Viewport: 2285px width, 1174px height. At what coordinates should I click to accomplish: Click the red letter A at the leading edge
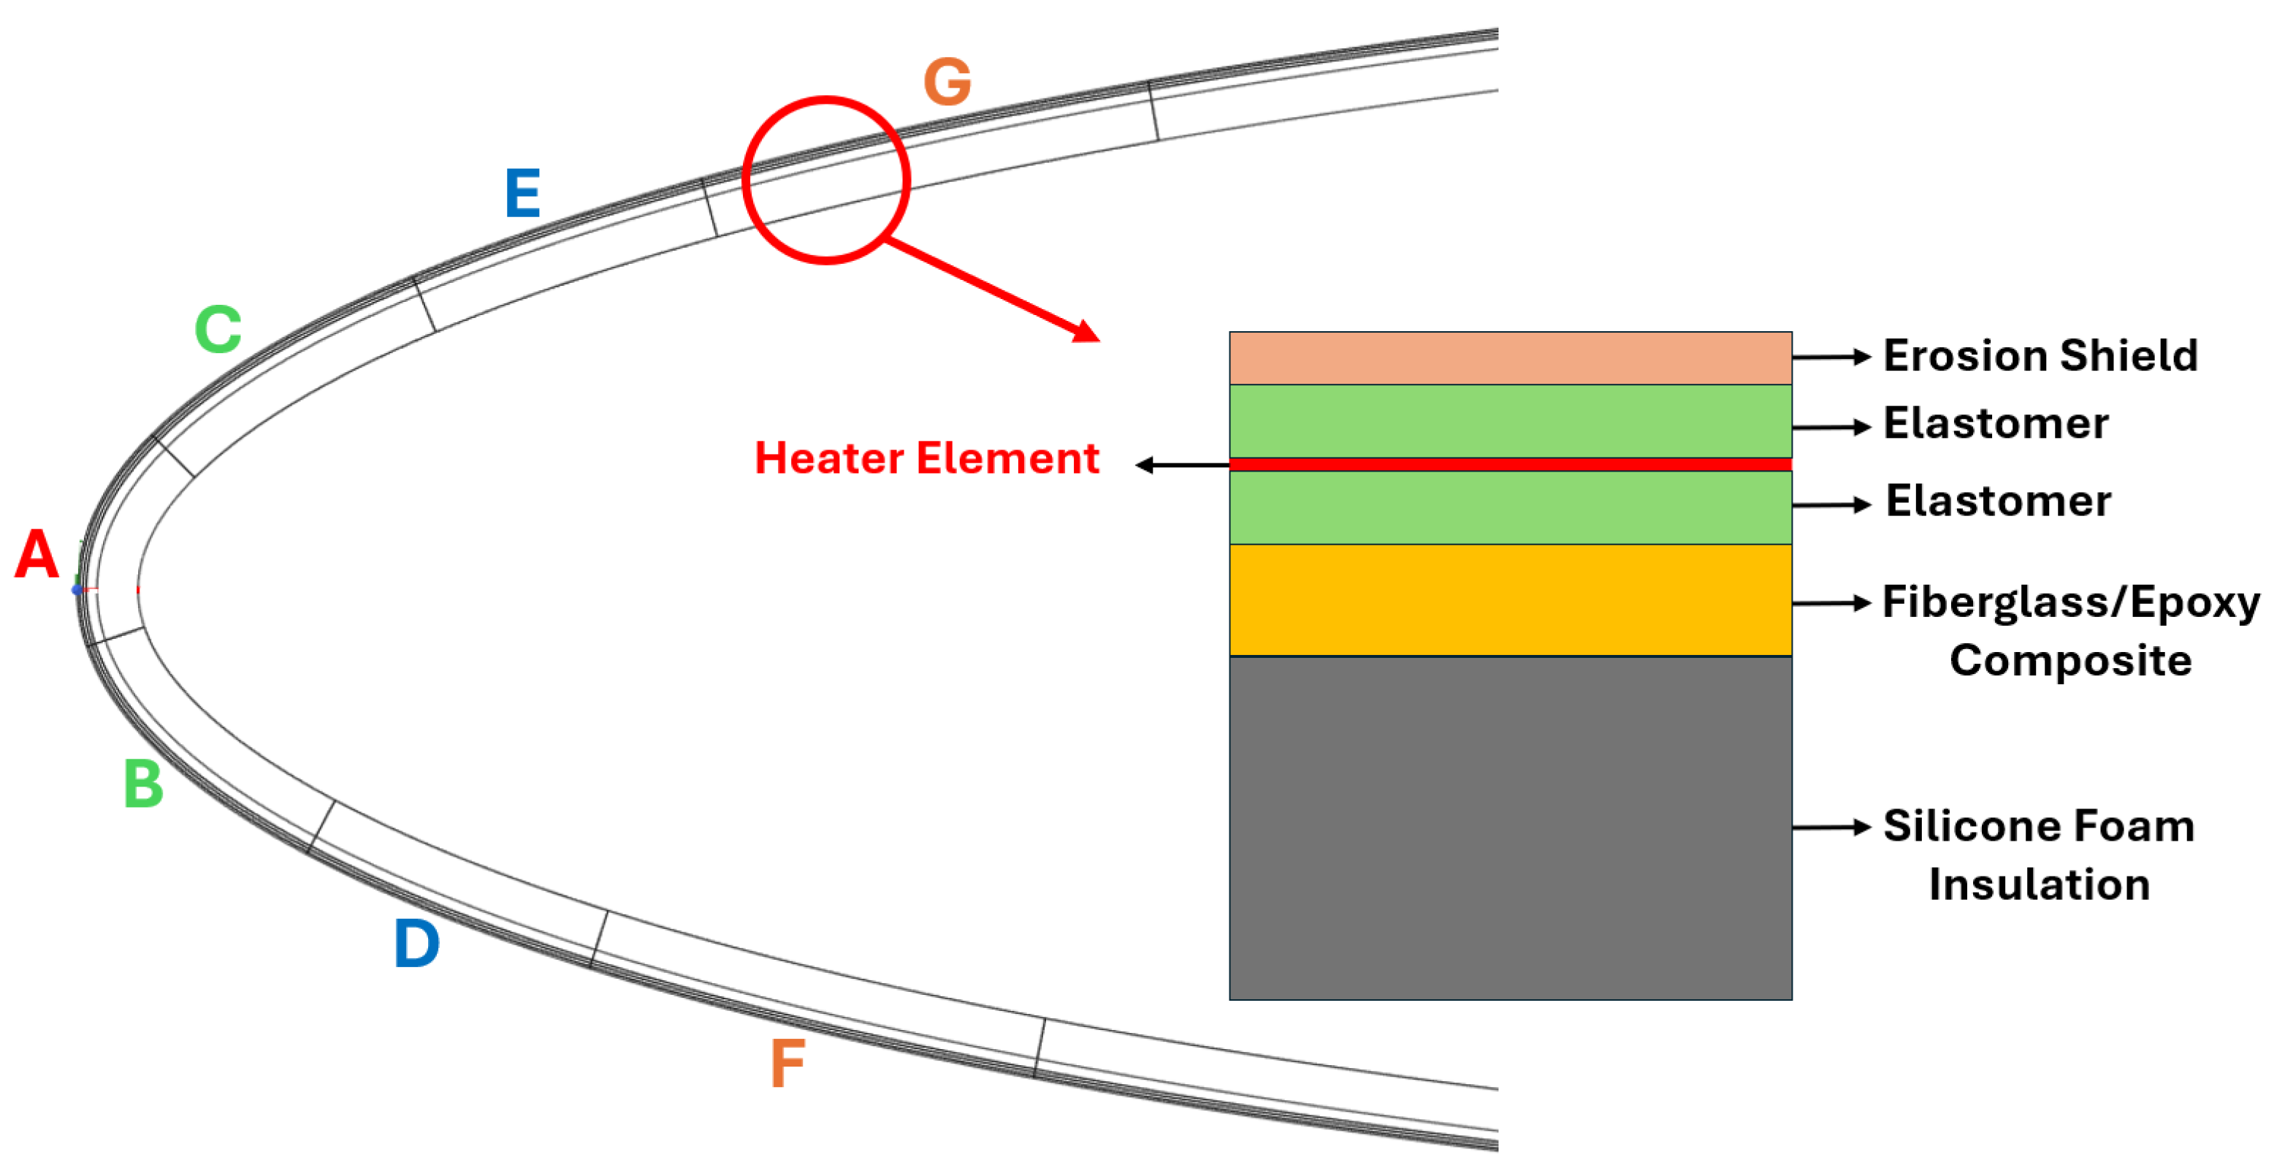[x=37, y=555]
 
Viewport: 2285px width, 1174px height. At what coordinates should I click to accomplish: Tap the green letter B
[x=144, y=784]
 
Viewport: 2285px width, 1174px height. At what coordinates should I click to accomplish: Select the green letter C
[x=218, y=329]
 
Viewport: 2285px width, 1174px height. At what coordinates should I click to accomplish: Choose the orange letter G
[x=947, y=82]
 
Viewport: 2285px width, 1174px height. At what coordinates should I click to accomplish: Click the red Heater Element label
[x=927, y=459]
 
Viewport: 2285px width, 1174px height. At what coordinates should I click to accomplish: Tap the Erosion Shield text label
[x=2040, y=356]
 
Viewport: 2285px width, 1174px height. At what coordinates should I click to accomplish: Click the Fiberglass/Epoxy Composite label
[x=2070, y=631]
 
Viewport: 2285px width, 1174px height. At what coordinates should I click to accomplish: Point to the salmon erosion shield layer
[x=1510, y=358]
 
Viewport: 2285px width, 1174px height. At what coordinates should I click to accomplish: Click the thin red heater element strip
[x=1510, y=465]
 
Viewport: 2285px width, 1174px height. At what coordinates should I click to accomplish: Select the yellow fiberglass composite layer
[x=1510, y=600]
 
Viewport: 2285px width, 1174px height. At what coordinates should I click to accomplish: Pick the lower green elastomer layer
[x=1510, y=507]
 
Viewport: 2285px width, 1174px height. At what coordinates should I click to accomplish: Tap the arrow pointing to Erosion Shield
[x=1832, y=357]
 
